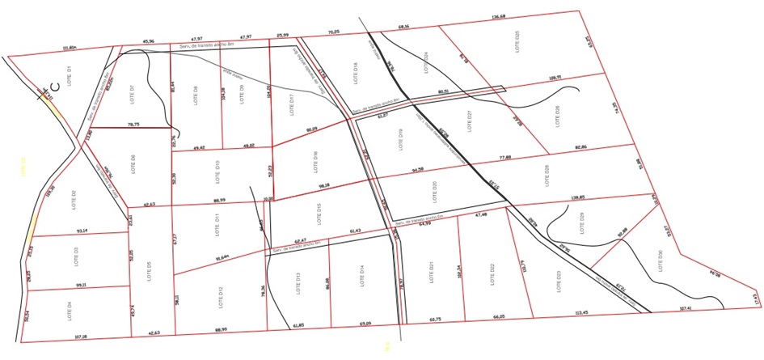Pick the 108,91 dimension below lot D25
554,78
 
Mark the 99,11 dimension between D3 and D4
80,285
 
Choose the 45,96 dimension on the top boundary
149,40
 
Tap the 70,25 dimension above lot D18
332,32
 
